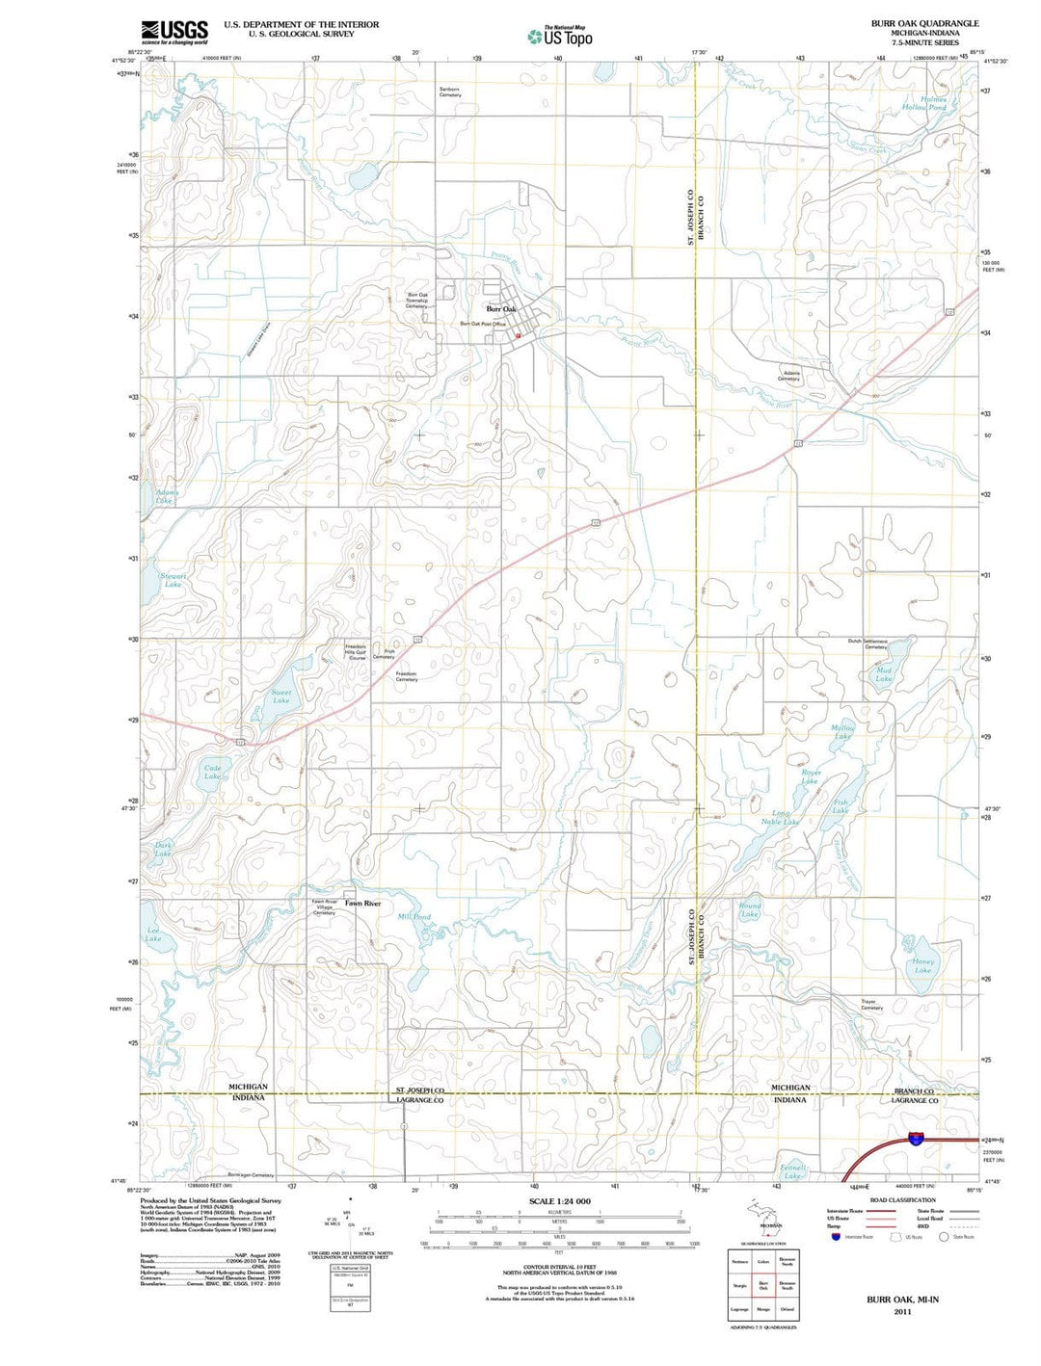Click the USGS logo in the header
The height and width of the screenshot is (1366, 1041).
click(x=174, y=32)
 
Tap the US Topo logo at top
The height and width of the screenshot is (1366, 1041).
click(x=560, y=37)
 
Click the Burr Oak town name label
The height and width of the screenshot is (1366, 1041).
click(x=501, y=308)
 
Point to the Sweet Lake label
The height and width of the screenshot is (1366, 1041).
click(x=280, y=696)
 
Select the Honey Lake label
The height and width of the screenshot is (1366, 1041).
click(x=922, y=965)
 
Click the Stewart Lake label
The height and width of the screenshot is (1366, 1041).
click(x=173, y=580)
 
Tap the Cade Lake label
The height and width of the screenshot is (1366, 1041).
click(x=212, y=772)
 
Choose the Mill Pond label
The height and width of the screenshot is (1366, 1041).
click(x=414, y=917)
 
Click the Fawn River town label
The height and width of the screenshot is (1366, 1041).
click(x=363, y=904)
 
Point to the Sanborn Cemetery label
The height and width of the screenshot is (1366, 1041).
click(x=450, y=92)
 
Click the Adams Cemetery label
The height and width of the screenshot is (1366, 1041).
click(x=789, y=376)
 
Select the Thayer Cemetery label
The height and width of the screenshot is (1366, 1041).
click(x=871, y=1004)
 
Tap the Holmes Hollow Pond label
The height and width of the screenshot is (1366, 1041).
click(x=933, y=104)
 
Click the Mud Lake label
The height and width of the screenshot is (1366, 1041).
click(x=884, y=674)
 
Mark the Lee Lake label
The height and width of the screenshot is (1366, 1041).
click(x=153, y=933)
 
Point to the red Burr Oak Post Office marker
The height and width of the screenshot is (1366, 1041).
click(x=518, y=335)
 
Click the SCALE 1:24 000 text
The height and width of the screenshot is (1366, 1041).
click(x=560, y=1201)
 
